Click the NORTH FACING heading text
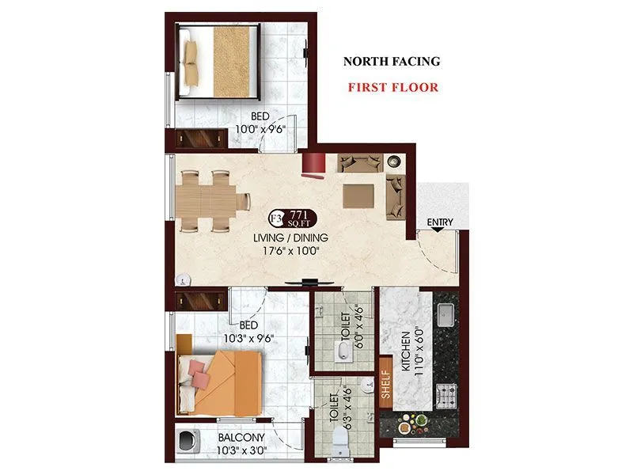click(391, 61)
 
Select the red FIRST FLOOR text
click(393, 87)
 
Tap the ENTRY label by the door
click(440, 222)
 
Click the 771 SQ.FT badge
click(294, 218)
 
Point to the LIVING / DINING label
click(290, 237)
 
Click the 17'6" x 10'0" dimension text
click(290, 252)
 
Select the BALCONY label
click(241, 437)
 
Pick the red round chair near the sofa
click(313, 164)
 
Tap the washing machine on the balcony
click(190, 441)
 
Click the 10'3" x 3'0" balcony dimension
click(241, 451)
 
